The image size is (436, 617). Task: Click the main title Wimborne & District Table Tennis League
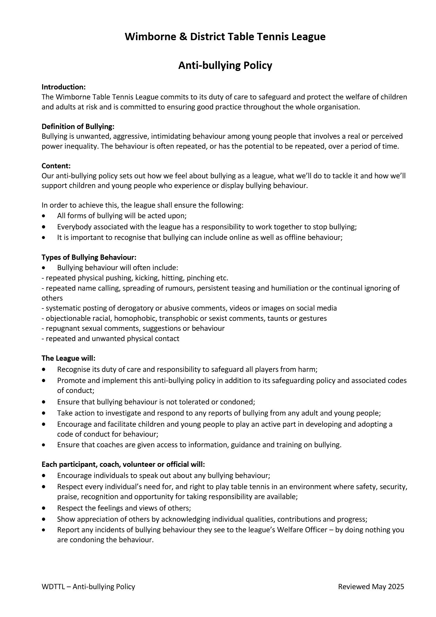click(225, 37)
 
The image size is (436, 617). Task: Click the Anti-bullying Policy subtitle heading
click(225, 65)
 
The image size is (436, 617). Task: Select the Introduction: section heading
click(64, 87)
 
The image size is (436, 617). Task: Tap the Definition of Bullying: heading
click(78, 126)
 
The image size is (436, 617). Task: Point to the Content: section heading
click(56, 166)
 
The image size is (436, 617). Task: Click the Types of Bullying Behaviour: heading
click(89, 257)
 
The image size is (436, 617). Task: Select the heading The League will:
click(69, 358)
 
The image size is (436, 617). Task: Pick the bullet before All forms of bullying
click(44, 216)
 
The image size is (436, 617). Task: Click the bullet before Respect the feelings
click(44, 508)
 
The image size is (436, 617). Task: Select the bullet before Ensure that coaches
click(44, 445)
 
